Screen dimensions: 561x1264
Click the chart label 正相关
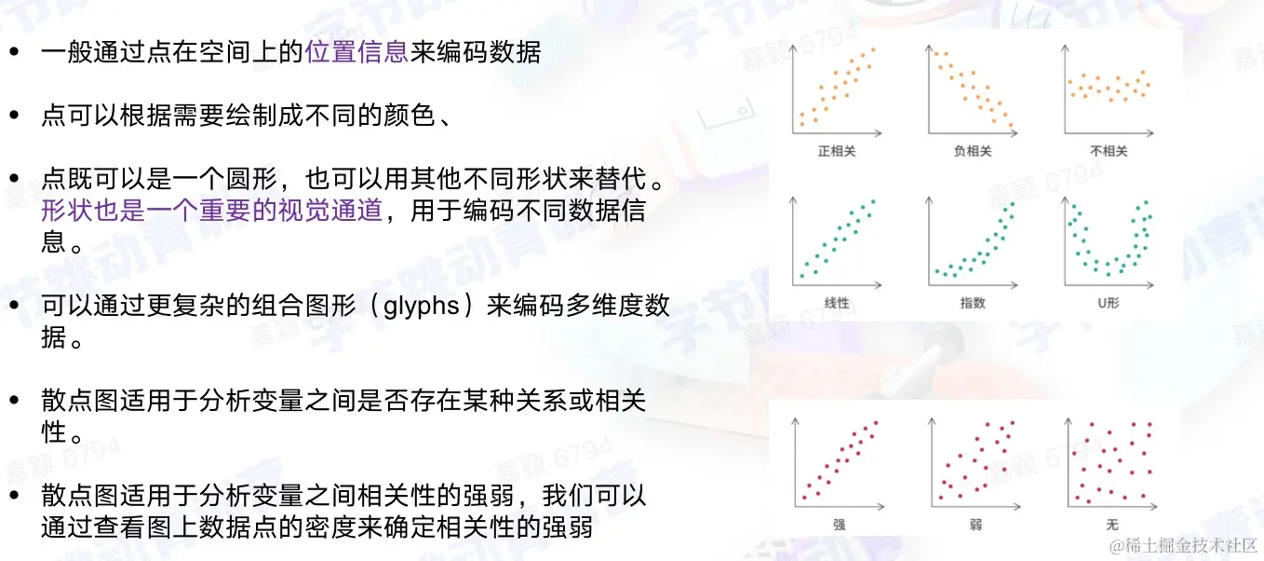(836, 151)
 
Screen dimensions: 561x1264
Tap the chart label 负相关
(973, 151)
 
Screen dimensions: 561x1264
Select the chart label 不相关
(1109, 151)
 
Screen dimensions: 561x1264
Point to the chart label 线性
(836, 304)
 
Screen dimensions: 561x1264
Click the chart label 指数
(973, 304)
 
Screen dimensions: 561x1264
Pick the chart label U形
(1109, 304)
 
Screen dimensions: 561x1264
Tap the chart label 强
(838, 524)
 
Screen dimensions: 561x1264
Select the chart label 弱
(974, 524)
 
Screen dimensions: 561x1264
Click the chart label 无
(1109, 524)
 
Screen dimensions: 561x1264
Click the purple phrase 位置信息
(356, 52)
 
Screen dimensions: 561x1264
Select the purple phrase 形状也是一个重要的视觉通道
(212, 211)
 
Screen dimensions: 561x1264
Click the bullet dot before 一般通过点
(13, 53)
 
